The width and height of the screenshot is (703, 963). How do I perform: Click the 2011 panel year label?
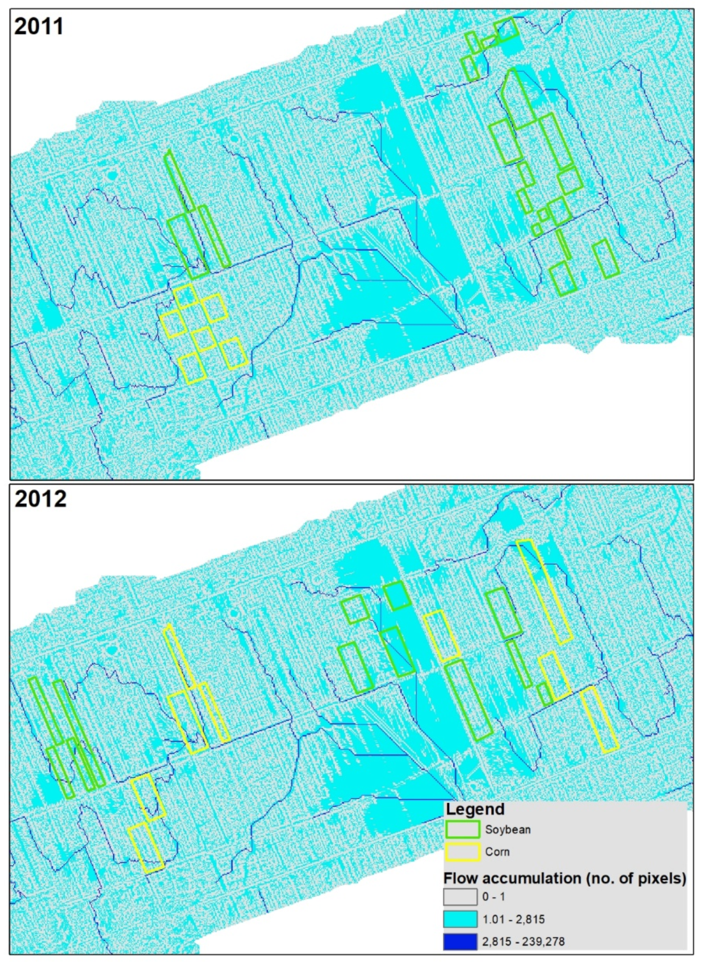pyautogui.click(x=39, y=26)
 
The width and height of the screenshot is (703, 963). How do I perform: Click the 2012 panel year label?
pyautogui.click(x=41, y=499)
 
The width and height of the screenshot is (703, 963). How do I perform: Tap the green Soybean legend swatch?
pyautogui.click(x=463, y=829)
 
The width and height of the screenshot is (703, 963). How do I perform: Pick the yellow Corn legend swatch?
pyautogui.click(x=463, y=852)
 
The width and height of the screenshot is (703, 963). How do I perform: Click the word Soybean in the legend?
pyautogui.click(x=508, y=830)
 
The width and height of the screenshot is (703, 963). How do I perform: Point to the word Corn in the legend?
pyautogui.click(x=497, y=852)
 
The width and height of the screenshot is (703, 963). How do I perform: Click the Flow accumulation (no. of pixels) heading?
pyautogui.click(x=564, y=878)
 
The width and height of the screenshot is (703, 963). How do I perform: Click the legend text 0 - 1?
pyautogui.click(x=494, y=897)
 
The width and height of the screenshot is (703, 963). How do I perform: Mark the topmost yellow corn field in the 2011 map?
pyautogui.click(x=186, y=296)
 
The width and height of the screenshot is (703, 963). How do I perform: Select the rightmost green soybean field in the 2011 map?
pyautogui.click(x=605, y=259)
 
